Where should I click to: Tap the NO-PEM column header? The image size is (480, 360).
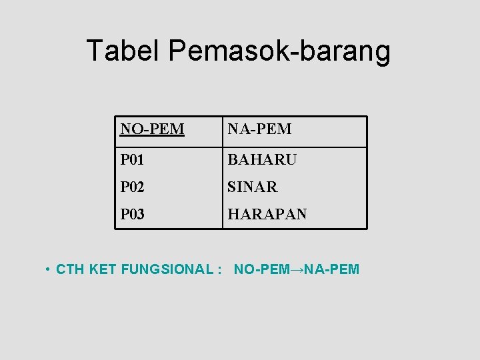point(152,129)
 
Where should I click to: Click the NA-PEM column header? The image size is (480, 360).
point(259,129)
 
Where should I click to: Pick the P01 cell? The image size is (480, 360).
point(132,160)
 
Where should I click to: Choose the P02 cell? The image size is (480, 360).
point(132,187)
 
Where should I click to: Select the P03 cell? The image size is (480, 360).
point(132,214)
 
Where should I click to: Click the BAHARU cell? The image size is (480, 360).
point(262,160)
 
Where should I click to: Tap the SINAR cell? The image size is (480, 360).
point(253,187)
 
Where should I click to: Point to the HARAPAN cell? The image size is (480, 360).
point(267,214)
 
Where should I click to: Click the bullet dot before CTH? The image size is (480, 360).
point(49,269)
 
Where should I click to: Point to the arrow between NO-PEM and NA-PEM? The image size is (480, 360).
point(296,269)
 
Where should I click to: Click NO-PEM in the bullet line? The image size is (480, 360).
point(261,269)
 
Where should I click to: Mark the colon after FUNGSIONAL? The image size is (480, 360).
point(219,270)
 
